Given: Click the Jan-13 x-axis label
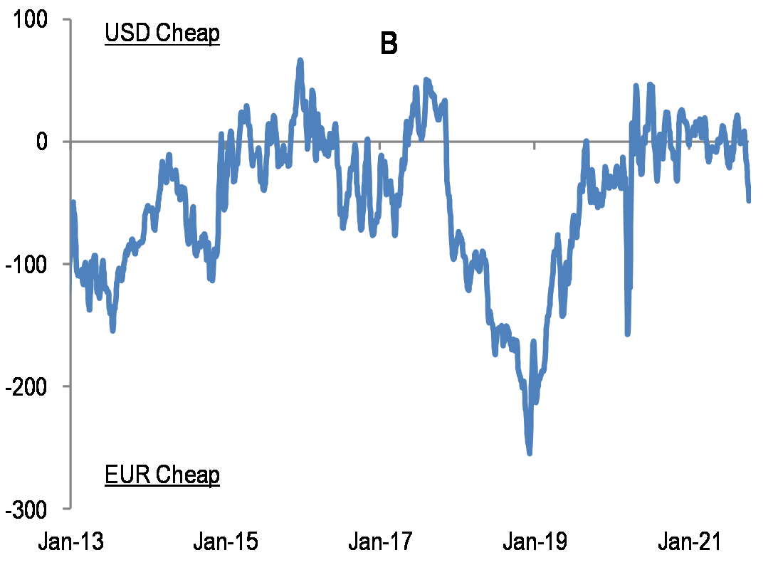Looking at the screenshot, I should pyautogui.click(x=70, y=542).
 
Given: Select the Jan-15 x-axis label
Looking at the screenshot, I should pyautogui.click(x=226, y=542).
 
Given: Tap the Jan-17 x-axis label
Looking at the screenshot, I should pyautogui.click(x=380, y=542).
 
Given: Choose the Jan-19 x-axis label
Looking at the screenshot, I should pyautogui.click(x=535, y=542).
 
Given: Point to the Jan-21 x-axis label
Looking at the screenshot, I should pyautogui.click(x=689, y=542).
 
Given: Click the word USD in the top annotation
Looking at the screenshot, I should pyautogui.click(x=127, y=34).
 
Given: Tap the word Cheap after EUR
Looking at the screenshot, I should pyautogui.click(x=187, y=475).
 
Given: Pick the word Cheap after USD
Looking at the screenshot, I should pyautogui.click(x=187, y=34).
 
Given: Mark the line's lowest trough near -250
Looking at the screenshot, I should pyautogui.click(x=529, y=453).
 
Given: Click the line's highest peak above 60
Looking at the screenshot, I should pyautogui.click(x=300, y=60).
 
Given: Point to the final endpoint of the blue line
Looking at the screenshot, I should pyautogui.click(x=749, y=201).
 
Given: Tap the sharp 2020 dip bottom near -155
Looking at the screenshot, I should pyautogui.click(x=627, y=333).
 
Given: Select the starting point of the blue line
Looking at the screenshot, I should pyautogui.click(x=73, y=204).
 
